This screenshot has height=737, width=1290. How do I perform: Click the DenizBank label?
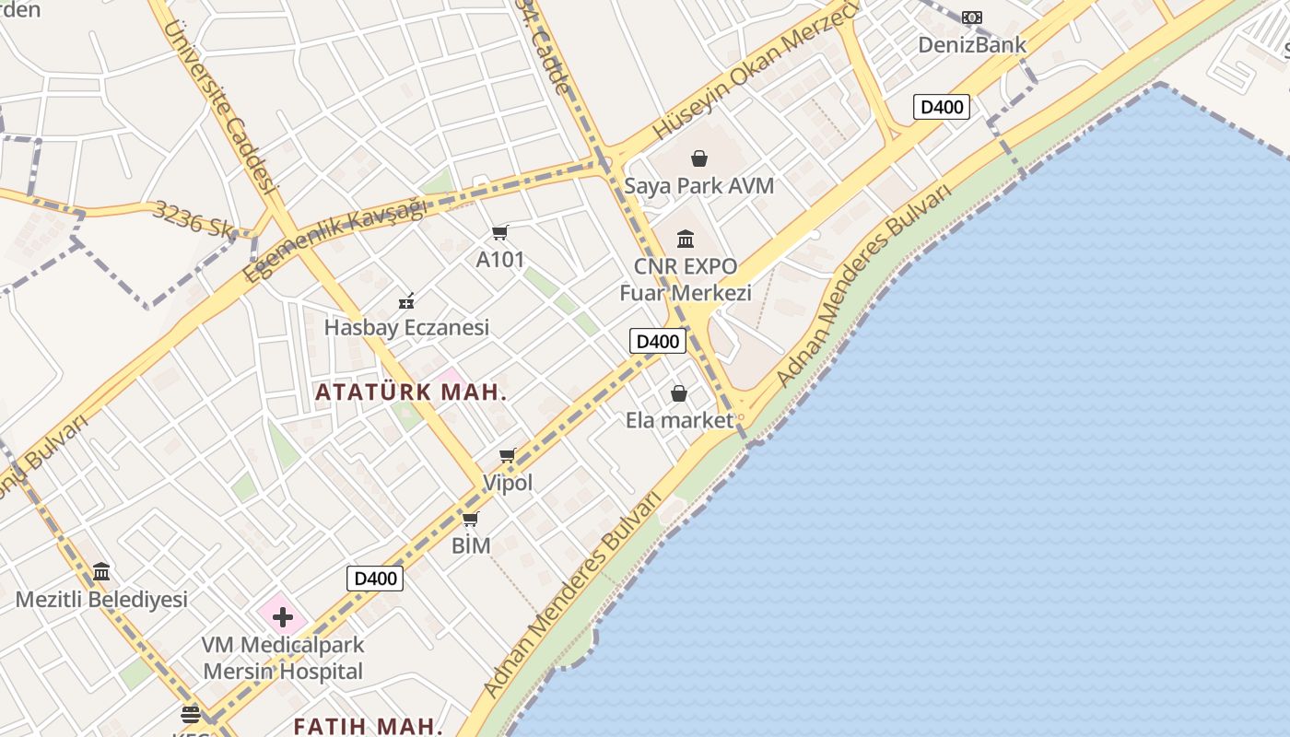[x=971, y=44]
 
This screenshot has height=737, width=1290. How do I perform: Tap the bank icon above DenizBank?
[x=971, y=18]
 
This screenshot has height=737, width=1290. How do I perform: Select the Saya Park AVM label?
[x=698, y=185]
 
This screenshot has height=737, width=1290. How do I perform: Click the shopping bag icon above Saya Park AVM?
[x=699, y=158]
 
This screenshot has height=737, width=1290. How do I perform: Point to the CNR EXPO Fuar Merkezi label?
[x=686, y=280]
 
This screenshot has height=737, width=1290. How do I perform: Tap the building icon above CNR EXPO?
[x=686, y=240]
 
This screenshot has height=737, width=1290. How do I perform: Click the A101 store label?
[x=499, y=260]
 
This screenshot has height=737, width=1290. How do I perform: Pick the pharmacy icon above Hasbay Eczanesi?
[x=406, y=300]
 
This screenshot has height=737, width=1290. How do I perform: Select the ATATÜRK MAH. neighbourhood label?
[x=411, y=392]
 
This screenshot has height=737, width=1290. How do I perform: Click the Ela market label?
[x=679, y=421]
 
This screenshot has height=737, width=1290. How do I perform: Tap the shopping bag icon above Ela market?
[x=679, y=394]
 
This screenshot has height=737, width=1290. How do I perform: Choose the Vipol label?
[x=508, y=483]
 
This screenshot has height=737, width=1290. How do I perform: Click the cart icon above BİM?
[x=471, y=520]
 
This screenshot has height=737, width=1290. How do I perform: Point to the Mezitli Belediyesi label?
[x=101, y=600]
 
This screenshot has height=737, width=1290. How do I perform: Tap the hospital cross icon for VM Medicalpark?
[x=282, y=617]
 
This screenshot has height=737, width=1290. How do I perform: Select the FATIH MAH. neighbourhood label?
[x=369, y=725]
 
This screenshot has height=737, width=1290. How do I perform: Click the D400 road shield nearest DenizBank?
[x=942, y=107]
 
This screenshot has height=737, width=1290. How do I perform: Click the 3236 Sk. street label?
[x=194, y=219]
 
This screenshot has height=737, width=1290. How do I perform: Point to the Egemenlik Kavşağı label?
[x=335, y=240]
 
